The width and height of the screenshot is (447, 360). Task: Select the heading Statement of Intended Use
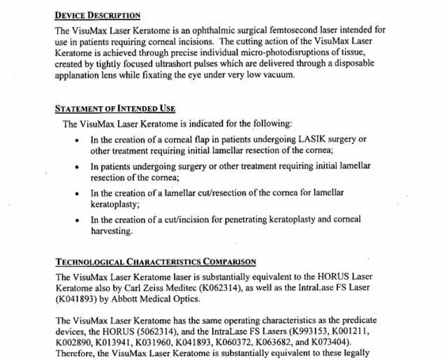point(115,109)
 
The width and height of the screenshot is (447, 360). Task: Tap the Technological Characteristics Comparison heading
point(155,262)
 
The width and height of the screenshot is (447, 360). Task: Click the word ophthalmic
point(231,31)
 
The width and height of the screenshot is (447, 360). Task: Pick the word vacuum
point(277,75)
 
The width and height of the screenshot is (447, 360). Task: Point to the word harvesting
point(112,231)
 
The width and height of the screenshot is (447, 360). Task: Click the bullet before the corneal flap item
point(77,141)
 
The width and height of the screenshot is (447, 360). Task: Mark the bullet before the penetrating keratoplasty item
point(77,220)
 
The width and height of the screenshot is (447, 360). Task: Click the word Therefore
point(78,353)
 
